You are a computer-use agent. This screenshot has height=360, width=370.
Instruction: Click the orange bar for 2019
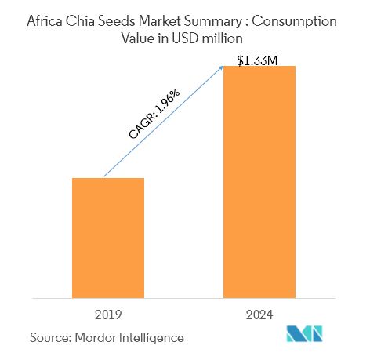coord(108,238)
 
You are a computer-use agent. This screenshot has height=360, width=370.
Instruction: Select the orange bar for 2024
coord(259,181)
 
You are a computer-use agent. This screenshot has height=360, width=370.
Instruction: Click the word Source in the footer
coord(49,337)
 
